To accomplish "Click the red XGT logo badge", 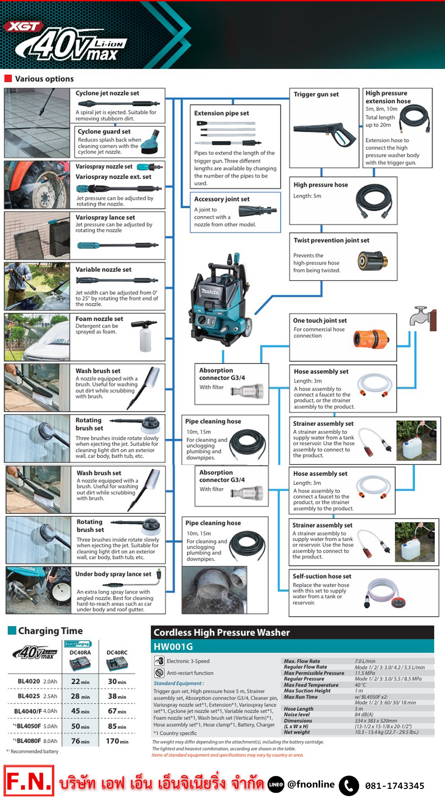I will (23, 27).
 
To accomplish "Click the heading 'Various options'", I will (44, 79).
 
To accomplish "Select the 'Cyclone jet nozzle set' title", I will (107, 93).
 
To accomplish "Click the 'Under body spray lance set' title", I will (113, 574).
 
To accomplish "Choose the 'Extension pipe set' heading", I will (221, 113).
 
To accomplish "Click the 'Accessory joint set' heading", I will (222, 199).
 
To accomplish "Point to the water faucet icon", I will (422, 318).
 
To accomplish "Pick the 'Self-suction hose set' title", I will (322, 576).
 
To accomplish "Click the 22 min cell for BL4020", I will (80, 682).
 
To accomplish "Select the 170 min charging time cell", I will (117, 741).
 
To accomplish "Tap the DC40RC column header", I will (117, 652).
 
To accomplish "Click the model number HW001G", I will (173, 646).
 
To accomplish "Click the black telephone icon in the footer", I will (349, 786).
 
